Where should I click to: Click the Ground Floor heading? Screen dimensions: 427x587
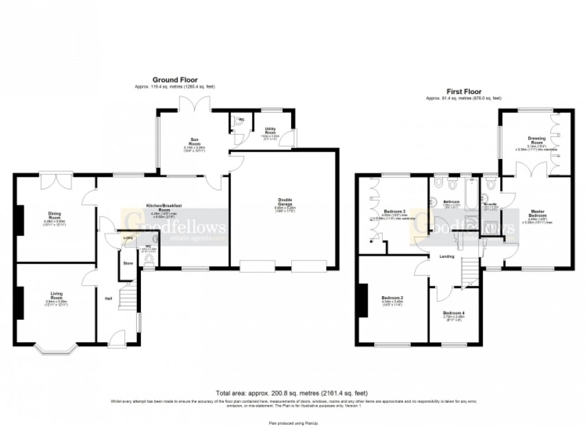(x=174, y=80)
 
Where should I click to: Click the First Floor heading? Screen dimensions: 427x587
(x=463, y=91)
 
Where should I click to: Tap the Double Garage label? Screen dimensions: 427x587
(x=283, y=202)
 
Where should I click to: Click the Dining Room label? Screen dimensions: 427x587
(x=56, y=215)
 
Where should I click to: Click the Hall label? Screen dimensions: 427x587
(x=108, y=298)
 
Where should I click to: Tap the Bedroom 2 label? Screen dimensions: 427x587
(x=392, y=298)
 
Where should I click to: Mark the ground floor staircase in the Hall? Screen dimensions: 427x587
(x=128, y=299)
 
